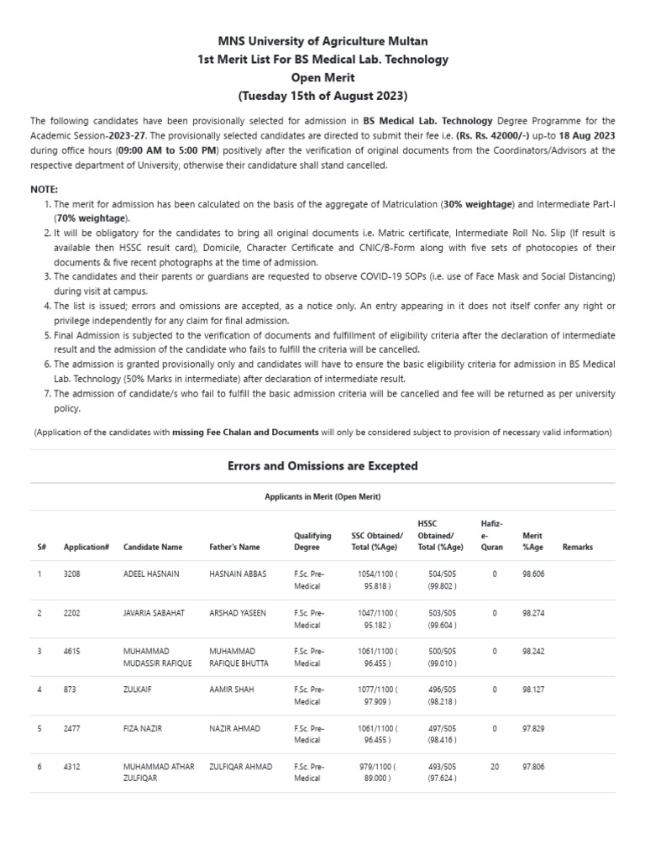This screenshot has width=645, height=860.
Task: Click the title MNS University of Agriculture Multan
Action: tap(322, 40)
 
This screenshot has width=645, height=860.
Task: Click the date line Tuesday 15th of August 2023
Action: tap(322, 96)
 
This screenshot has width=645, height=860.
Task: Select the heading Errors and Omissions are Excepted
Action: tap(322, 465)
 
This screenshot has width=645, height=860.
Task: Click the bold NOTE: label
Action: tap(45, 190)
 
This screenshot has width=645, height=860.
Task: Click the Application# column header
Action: tap(87, 547)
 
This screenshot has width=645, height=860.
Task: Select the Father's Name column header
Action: tap(234, 547)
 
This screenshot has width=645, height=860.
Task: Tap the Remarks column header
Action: tap(577, 547)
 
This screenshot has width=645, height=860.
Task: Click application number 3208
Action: tap(74, 574)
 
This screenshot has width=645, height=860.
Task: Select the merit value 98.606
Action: tap(534, 574)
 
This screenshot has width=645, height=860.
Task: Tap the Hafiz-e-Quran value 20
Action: tap(494, 767)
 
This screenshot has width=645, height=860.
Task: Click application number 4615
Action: tap(74, 651)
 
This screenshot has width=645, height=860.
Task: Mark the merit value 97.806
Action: tap(534, 767)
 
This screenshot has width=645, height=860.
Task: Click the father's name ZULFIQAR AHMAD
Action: tap(241, 767)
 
